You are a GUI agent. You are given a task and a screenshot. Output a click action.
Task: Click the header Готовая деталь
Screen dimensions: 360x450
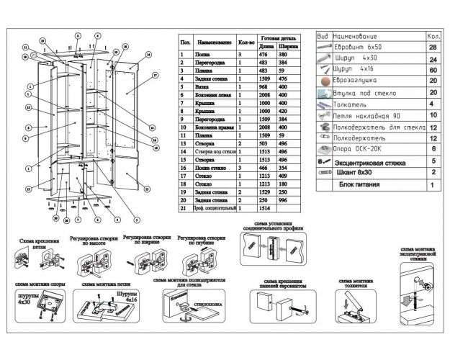pyautogui.click(x=278, y=37)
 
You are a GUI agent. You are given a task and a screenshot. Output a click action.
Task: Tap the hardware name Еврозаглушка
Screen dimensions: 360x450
pyautogui.click(x=358, y=82)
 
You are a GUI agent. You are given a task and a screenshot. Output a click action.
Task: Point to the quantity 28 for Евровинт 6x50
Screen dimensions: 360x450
pyautogui.click(x=433, y=48)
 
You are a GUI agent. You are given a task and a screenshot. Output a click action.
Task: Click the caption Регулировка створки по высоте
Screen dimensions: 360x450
pyautogui.click(x=91, y=240)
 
